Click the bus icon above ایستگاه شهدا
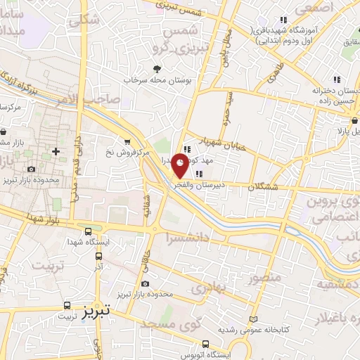pyautogui.click(x=88, y=231)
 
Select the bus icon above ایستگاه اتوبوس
pyautogui.click(x=205, y=344)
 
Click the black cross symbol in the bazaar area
pyautogui.click(x=56, y=151)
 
